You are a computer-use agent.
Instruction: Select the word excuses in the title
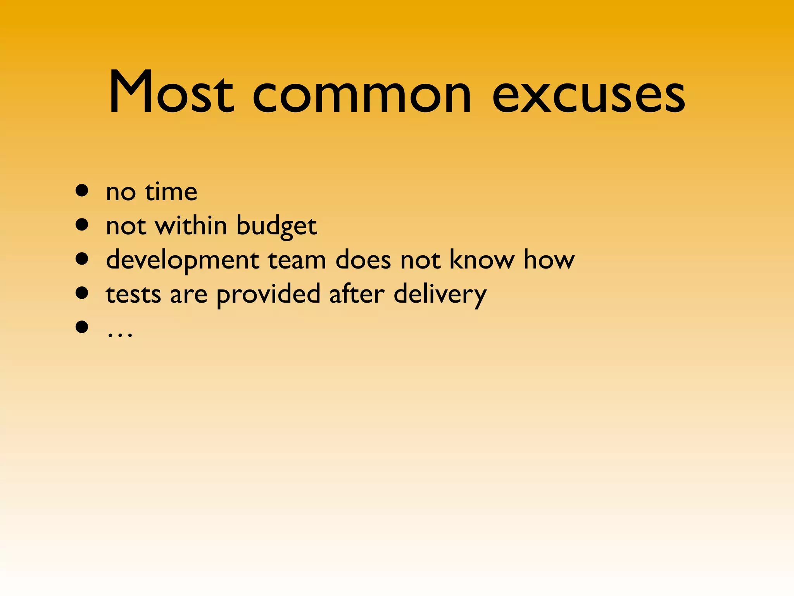pos(589,95)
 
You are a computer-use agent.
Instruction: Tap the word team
pos(297,260)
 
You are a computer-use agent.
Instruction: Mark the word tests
pos(133,294)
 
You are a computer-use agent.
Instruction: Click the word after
pos(357,293)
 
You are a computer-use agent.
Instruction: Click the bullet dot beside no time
pos(82,191)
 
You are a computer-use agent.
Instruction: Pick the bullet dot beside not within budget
pos(82,225)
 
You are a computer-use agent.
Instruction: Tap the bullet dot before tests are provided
pos(82,293)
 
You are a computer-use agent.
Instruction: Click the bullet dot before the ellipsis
pos(82,327)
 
